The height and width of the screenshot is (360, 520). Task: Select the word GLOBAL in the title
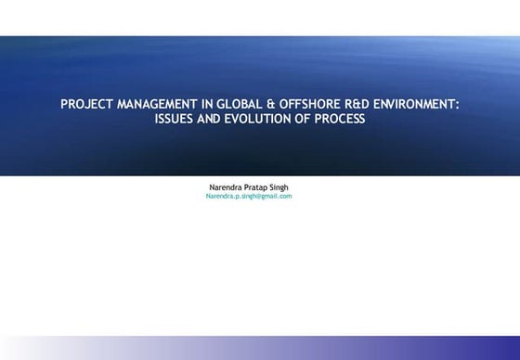228,105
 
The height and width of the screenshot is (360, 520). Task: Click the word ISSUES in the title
175,120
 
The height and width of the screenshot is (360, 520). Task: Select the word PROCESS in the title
338,120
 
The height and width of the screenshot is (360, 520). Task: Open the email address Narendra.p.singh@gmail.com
249,196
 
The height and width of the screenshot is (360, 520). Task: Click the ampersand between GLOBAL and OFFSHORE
257,105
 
